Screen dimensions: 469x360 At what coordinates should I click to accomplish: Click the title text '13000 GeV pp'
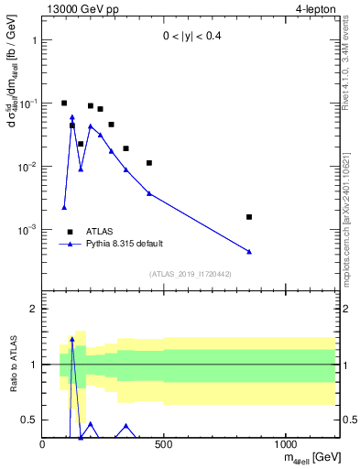click(79, 10)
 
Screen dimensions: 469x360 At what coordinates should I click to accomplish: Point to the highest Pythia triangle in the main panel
click(72, 117)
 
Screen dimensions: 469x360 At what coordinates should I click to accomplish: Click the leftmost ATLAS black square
click(64, 104)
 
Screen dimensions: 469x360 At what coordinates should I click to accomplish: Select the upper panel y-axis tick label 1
click(33, 41)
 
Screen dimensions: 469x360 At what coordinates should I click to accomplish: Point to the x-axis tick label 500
click(164, 444)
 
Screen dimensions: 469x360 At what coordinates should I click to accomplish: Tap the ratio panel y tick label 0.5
click(28, 420)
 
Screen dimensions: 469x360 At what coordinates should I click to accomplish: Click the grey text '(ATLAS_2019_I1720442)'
click(191, 274)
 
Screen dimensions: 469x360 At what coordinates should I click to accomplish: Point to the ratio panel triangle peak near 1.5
click(72, 339)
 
